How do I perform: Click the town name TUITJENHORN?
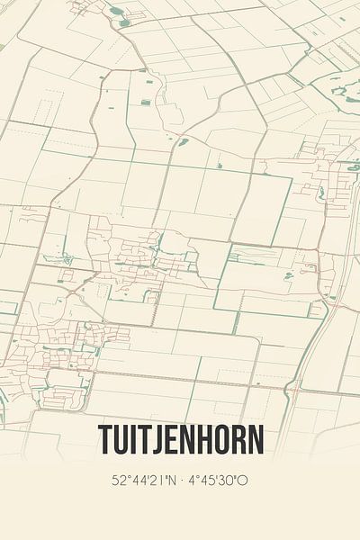180,441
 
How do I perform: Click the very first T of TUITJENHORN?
104,441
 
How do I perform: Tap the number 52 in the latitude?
119,480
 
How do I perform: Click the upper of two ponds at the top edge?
118,12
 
